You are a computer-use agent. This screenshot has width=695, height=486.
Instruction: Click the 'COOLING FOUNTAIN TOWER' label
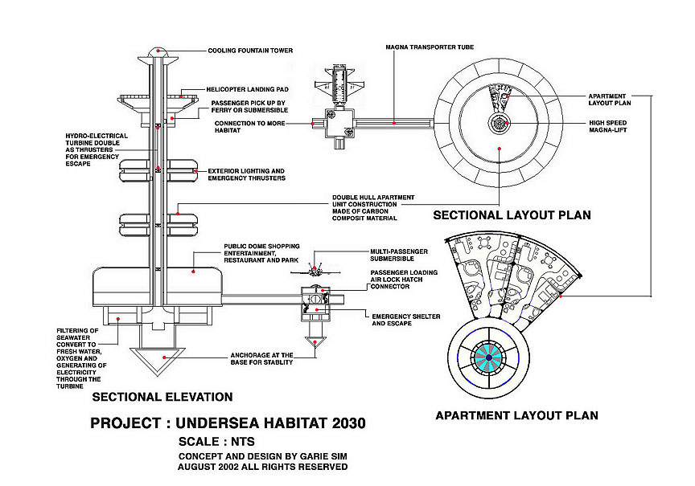pyautogui.click(x=249, y=51)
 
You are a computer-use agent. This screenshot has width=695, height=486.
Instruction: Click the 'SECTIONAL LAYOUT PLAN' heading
pyautogui.click(x=512, y=215)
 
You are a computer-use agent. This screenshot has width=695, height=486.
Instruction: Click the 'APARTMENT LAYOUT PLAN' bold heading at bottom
pyautogui.click(x=516, y=415)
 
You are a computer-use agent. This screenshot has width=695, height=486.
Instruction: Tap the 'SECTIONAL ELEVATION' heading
pyautogui.click(x=162, y=397)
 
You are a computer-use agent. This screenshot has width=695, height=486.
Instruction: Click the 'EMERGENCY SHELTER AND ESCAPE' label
pyautogui.click(x=405, y=321)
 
